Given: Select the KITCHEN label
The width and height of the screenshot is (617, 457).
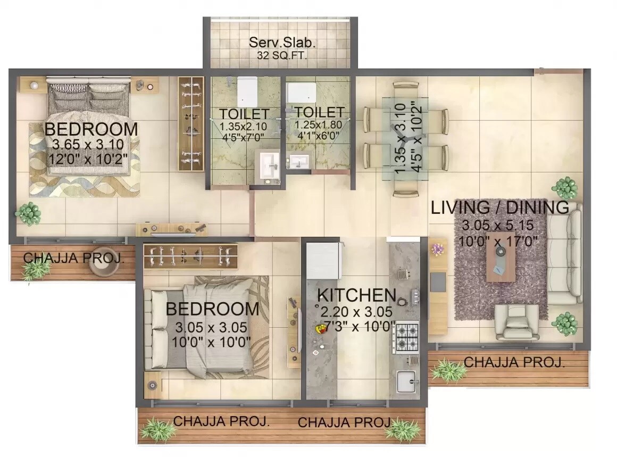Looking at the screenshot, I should pyautogui.click(x=356, y=294).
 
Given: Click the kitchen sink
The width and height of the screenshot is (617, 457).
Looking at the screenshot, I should pyautogui.click(x=407, y=381).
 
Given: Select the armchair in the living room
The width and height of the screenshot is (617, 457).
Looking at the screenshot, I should pyautogui.click(x=513, y=322).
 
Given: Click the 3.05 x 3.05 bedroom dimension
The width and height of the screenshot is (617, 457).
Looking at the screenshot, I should pyautogui.click(x=212, y=327).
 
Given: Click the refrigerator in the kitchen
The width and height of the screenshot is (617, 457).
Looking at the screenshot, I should pyautogui.click(x=323, y=261).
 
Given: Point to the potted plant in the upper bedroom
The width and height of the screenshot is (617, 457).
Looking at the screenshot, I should pyautogui.click(x=28, y=213).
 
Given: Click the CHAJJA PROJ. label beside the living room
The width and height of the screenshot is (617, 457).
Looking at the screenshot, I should pyautogui.click(x=514, y=362).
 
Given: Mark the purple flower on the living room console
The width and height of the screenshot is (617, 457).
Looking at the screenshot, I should pyautogui.click(x=438, y=249).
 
